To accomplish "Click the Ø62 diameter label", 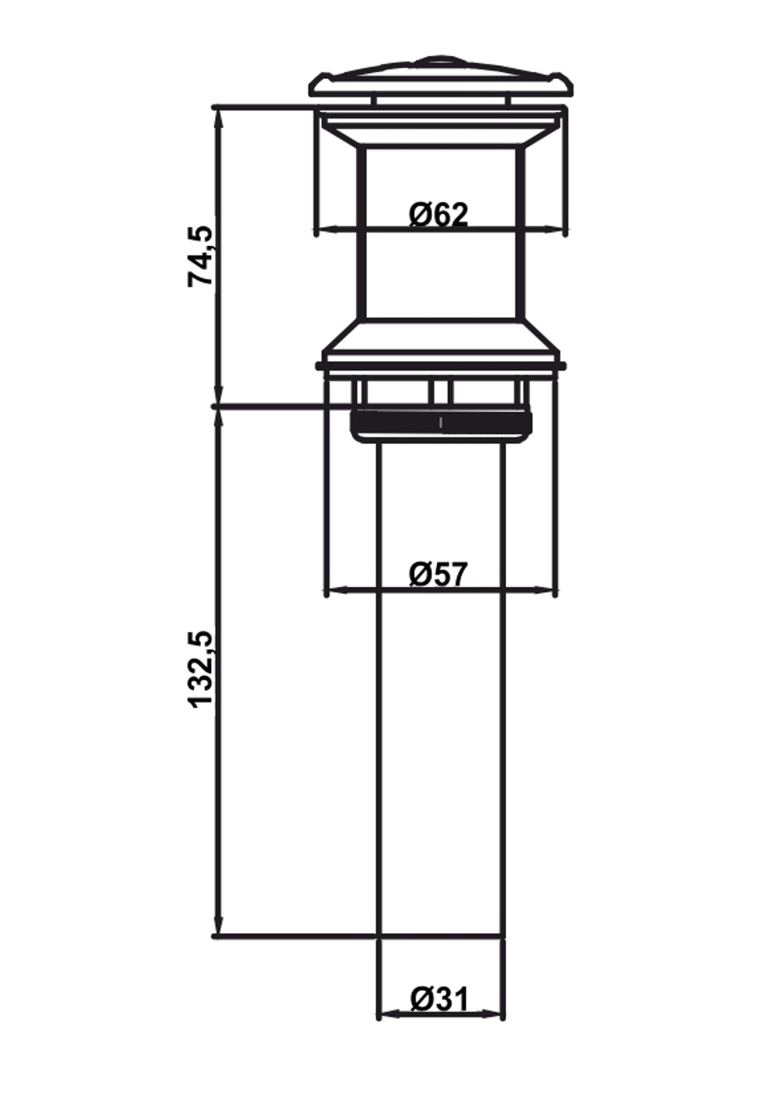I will pyautogui.click(x=438, y=214).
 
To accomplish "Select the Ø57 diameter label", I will pyautogui.click(x=438, y=574).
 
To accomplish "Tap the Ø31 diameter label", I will pyautogui.click(x=439, y=999).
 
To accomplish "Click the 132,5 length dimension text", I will pyautogui.click(x=201, y=669).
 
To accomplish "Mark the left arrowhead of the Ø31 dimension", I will pyautogui.click(x=387, y=1014).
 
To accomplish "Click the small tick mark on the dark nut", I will pyautogui.click(x=440, y=422).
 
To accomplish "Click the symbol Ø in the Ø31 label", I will pyautogui.click(x=422, y=999).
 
